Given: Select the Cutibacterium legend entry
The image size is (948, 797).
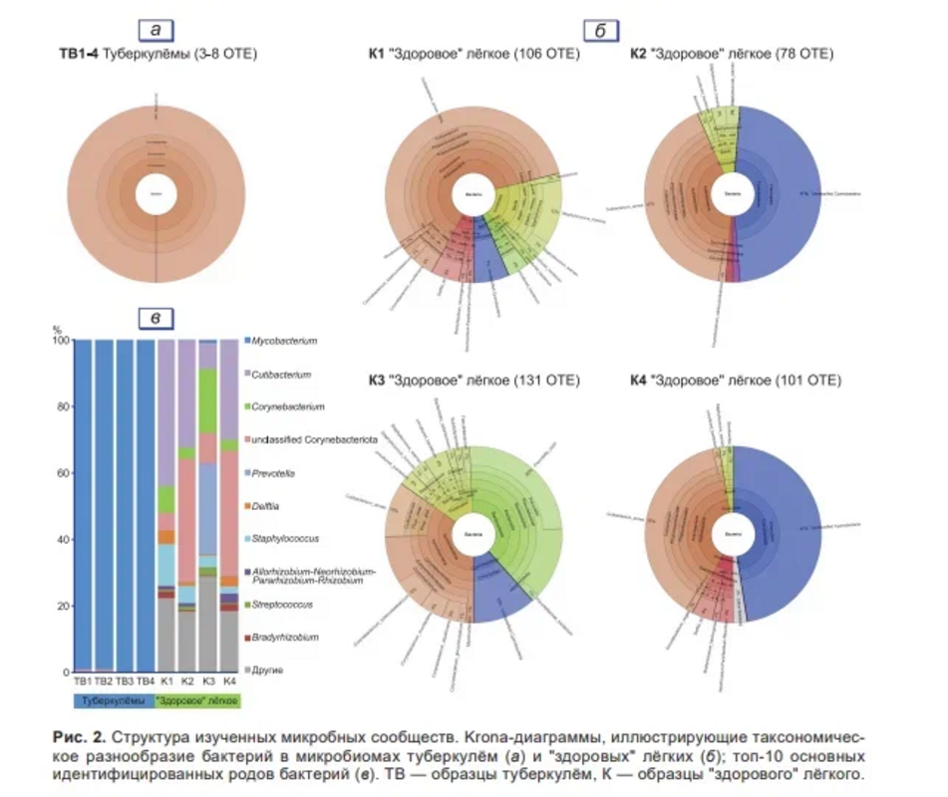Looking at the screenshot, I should pos(282,375).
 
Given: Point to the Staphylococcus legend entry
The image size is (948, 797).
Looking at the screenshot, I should pos(288,539).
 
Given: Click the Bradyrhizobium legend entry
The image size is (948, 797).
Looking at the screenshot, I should pos(286,637).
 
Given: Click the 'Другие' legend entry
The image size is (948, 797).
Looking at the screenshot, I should pos(268,670).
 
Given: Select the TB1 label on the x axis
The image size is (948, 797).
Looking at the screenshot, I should pos(82,681).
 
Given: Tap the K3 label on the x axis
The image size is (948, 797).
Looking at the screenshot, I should pos(207,681).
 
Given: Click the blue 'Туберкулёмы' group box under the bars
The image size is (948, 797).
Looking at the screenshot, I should pos(113,700).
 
